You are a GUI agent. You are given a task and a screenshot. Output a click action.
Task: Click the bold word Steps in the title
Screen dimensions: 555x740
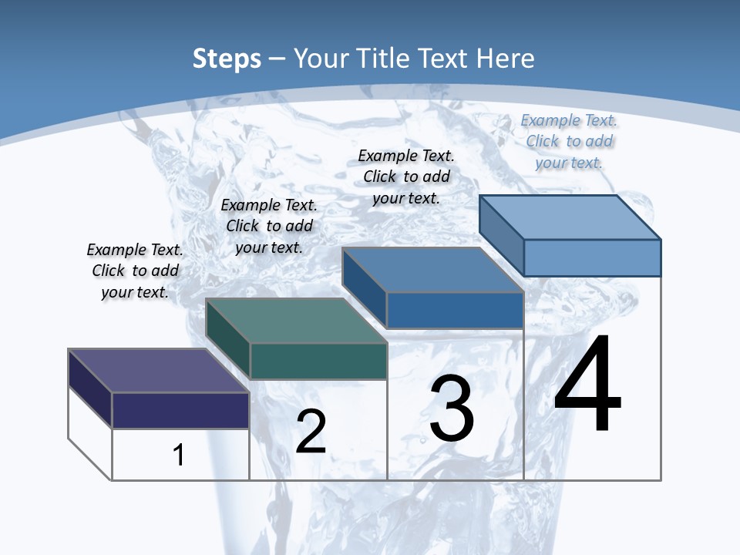pyautogui.click(x=227, y=59)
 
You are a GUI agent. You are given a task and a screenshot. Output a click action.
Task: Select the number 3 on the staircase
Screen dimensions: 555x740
pyautogui.click(x=452, y=409)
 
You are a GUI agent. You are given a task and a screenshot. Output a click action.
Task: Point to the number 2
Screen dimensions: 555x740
pyautogui.click(x=311, y=432)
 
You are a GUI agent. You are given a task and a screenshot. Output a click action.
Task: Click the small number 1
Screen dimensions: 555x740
pyautogui.click(x=179, y=455)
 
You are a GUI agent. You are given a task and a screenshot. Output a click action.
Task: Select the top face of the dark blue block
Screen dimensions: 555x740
pyautogui.click(x=432, y=270)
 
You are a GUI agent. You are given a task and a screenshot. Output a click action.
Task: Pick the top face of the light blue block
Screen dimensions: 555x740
pyautogui.click(x=570, y=217)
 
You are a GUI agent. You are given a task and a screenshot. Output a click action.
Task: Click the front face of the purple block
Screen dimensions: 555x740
pyautogui.click(x=180, y=410)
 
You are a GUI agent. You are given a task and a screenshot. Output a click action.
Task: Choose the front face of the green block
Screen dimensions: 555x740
pyautogui.click(x=318, y=361)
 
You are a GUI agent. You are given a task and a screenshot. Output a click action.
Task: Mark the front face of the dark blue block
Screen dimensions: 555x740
pyautogui.click(x=455, y=310)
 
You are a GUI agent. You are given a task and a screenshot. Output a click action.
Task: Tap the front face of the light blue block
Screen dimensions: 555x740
pyautogui.click(x=592, y=257)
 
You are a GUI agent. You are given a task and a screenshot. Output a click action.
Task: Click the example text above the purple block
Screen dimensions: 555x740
pyautogui.click(x=135, y=271)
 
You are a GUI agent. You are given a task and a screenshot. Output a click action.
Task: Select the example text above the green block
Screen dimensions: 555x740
pyautogui.click(x=269, y=226)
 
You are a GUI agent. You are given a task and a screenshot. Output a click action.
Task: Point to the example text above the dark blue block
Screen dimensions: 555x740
pyautogui.click(x=406, y=177)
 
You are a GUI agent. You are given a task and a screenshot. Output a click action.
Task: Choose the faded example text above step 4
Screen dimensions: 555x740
pyautogui.click(x=569, y=141)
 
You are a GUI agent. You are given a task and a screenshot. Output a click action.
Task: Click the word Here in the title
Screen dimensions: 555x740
pyautogui.click(x=506, y=59)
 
